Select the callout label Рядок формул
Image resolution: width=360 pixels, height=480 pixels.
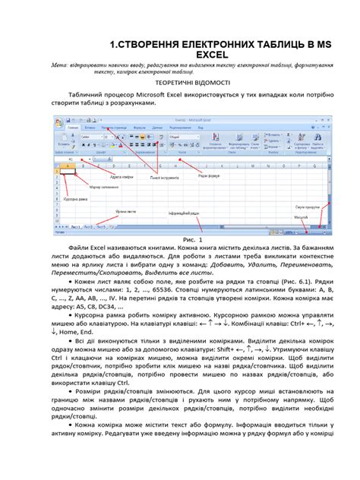pyautogui.click(x=210, y=176)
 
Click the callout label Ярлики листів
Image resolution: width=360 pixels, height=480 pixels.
pyautogui.click(x=126, y=211)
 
